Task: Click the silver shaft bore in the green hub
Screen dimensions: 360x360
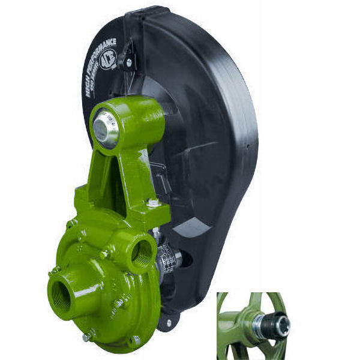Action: point(106,129)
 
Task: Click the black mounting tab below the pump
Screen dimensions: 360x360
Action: point(169,320)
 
